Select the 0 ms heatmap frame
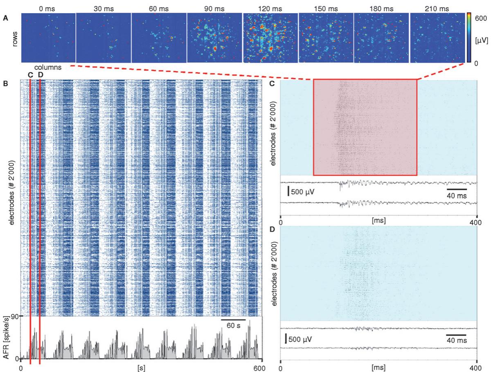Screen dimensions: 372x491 coord(48,38)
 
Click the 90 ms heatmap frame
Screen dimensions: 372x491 coord(214,38)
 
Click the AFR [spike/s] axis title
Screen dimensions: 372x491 coord(7,337)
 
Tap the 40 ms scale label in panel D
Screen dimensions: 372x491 coord(456,340)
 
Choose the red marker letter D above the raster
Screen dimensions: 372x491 coord(40,75)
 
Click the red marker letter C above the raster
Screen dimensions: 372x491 coord(30,75)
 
